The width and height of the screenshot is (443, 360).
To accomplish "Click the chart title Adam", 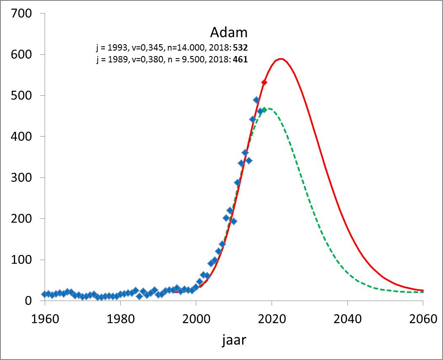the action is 229,32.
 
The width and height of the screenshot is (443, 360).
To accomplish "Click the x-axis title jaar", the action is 234,340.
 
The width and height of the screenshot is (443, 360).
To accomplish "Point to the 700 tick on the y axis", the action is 21,13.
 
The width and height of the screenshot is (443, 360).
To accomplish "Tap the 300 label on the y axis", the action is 21,177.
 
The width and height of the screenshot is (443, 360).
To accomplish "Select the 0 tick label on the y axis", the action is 29,301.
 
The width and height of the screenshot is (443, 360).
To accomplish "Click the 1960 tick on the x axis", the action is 45,319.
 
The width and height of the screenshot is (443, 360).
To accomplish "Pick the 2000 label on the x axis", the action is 196,319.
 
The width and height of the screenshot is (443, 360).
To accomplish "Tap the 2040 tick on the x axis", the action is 347,319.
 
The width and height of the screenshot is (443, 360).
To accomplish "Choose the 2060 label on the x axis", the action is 423,319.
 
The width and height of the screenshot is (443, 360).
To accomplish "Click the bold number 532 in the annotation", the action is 240,48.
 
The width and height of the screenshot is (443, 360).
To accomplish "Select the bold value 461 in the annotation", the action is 240,59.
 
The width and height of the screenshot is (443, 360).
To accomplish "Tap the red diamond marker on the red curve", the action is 264,82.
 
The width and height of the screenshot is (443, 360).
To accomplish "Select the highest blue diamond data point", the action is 256,100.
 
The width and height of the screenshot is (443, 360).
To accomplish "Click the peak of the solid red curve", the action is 280,59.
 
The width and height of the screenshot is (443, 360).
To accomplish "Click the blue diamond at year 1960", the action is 45,294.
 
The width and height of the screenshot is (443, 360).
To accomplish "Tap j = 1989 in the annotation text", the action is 112,59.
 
